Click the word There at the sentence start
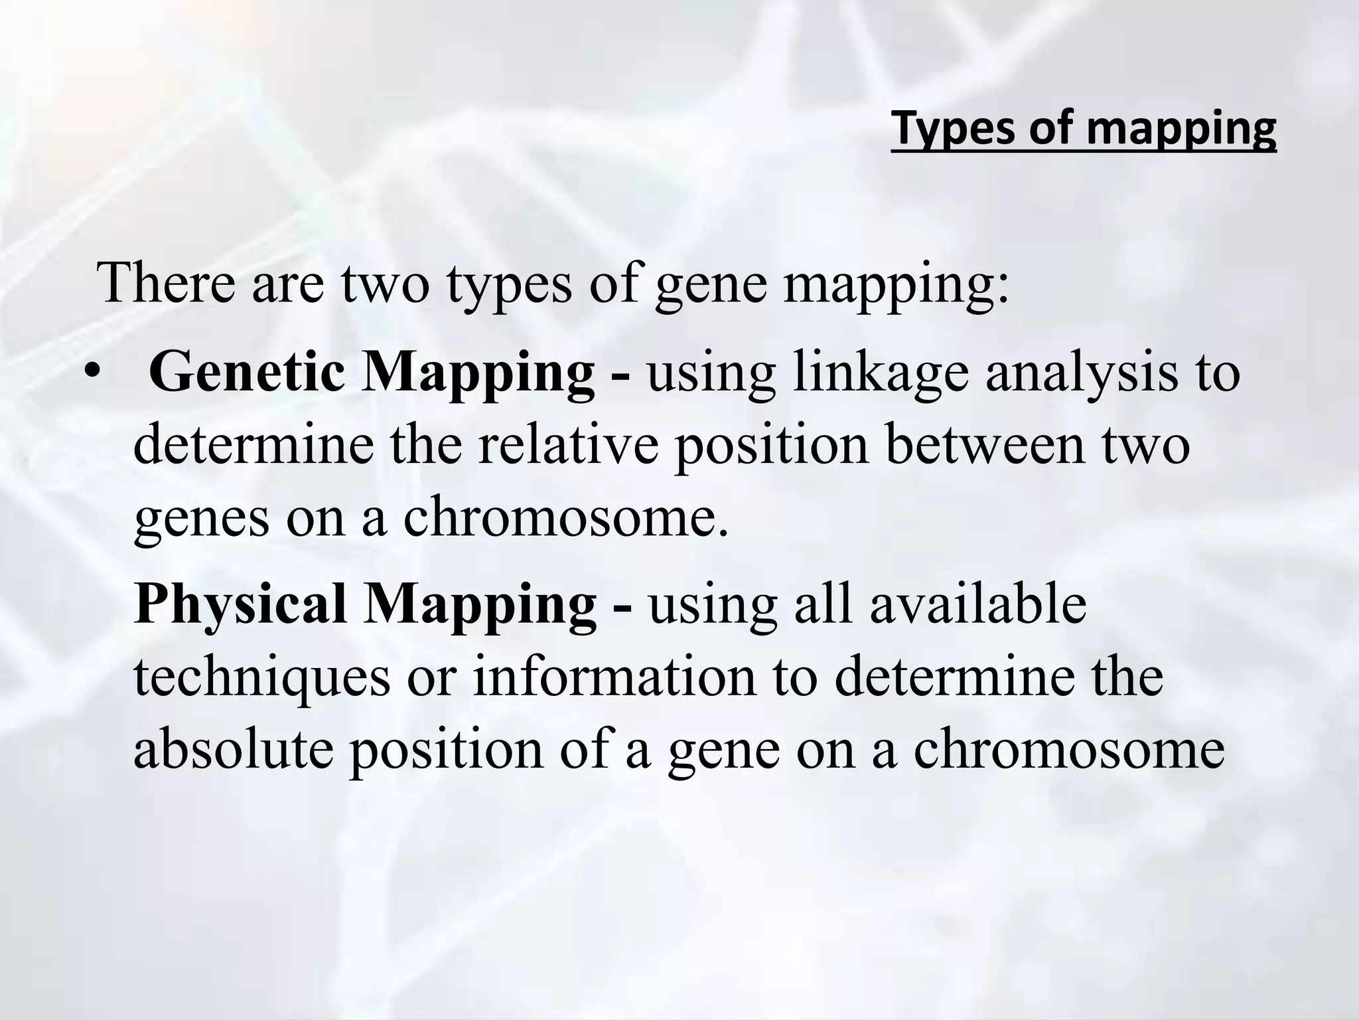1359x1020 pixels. tap(165, 282)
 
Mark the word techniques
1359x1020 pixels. tap(262, 677)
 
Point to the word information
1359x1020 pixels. tap(614, 677)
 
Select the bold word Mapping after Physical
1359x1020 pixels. tap(478, 604)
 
